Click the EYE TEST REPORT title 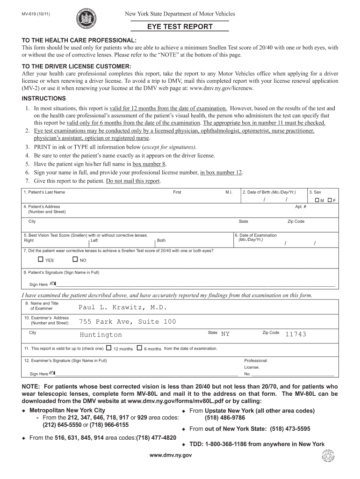click(x=180, y=27)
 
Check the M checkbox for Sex click(x=317, y=200)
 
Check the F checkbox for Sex click(x=330, y=200)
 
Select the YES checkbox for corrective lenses click(x=41, y=260)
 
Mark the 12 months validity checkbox click(x=109, y=348)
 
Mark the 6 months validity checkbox click(x=139, y=348)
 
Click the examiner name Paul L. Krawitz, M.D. click(x=122, y=307)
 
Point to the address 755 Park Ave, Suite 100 click(x=127, y=321)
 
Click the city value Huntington click(x=101, y=334)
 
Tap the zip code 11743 click(x=295, y=334)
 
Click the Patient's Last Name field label click(x=44, y=192)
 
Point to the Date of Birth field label click(x=269, y=192)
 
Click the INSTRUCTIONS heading click(x=44, y=98)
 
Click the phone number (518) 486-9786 click(x=225, y=418)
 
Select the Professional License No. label click(x=255, y=367)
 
